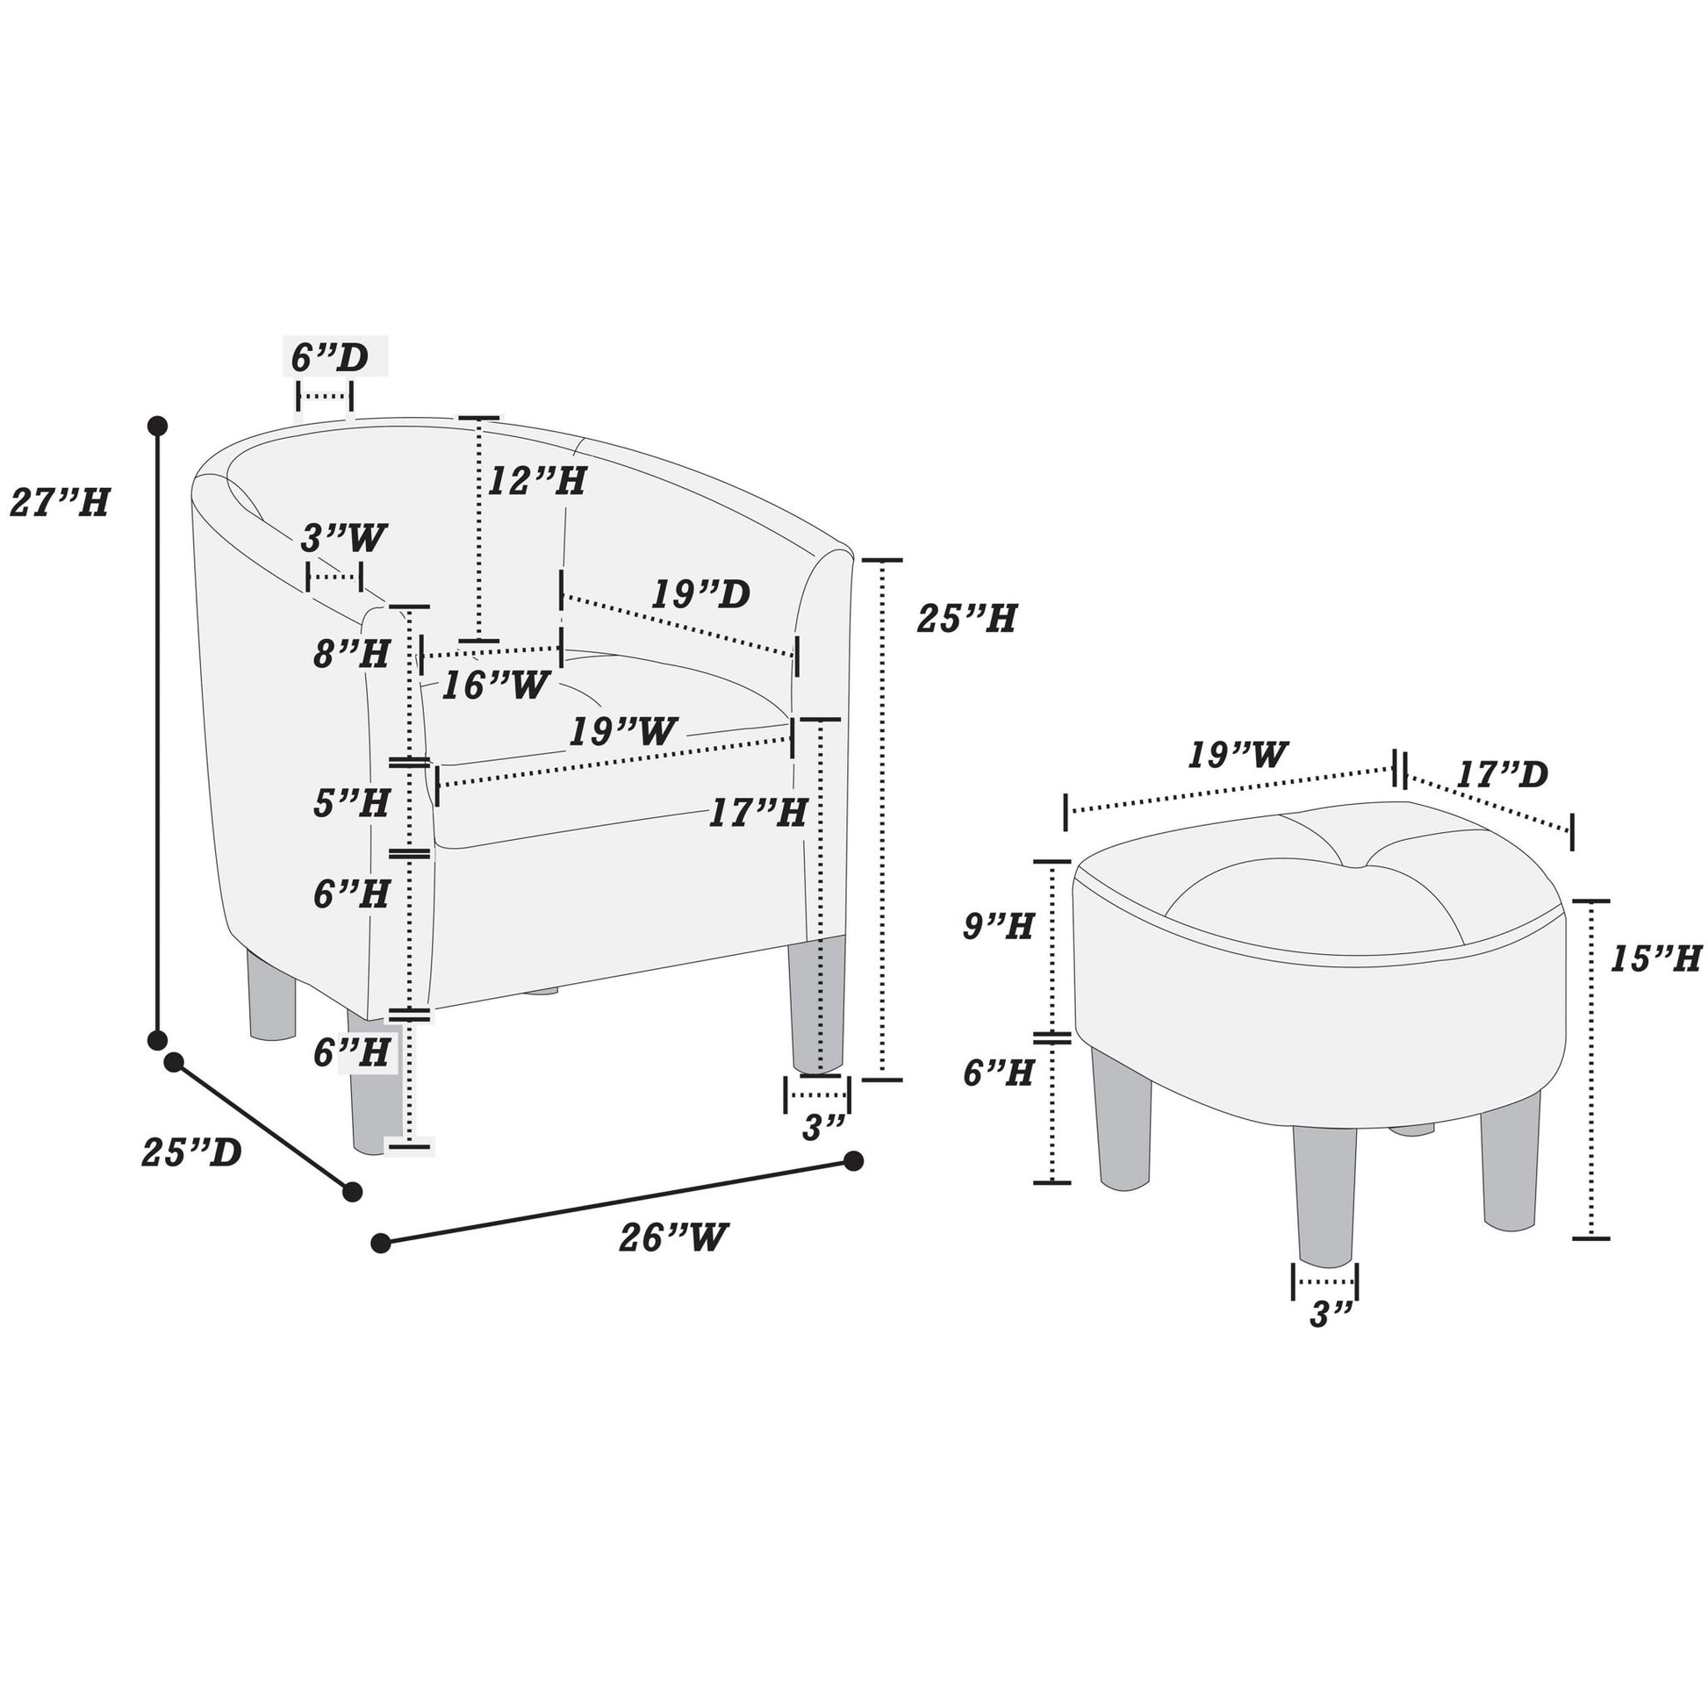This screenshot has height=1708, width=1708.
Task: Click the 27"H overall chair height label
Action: coord(60,503)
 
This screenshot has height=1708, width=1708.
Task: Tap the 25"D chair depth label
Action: coord(192,1152)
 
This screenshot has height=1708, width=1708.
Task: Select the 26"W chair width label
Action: coord(674,1237)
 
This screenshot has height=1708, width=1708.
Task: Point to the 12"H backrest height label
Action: coord(537,481)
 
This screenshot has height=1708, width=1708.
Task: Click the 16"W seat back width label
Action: coord(495,685)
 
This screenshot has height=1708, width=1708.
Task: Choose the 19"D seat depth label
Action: coord(700,594)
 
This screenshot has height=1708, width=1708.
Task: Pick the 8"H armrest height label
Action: coord(352,653)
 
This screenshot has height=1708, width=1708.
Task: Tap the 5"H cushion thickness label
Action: coord(352,803)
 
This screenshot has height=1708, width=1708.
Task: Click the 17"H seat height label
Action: coord(758,813)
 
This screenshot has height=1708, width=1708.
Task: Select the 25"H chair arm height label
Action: coord(966,618)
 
